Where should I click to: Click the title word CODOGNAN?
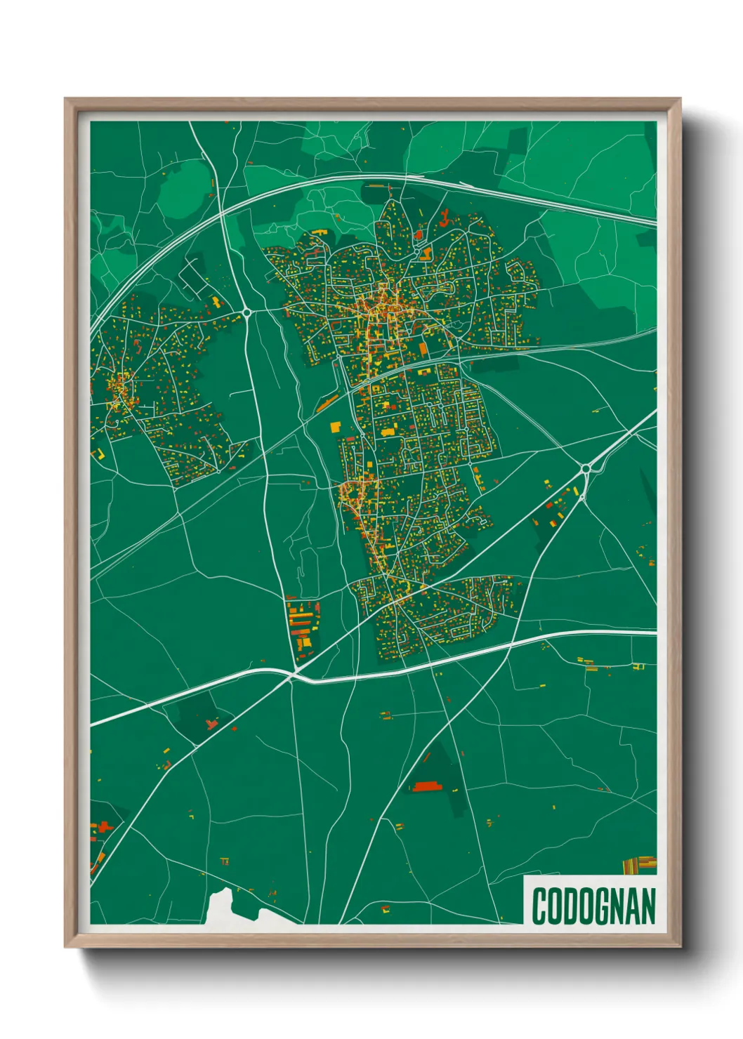point(593,906)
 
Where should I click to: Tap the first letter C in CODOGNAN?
point(539,906)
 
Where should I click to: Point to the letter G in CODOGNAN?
point(602,906)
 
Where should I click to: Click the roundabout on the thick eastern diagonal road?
point(585,468)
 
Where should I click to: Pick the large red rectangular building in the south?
point(424,787)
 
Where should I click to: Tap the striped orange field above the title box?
point(640,864)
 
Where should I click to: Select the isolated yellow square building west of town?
point(335,426)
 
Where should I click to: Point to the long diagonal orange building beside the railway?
point(327,403)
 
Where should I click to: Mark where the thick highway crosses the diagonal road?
point(292,676)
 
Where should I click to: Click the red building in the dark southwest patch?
point(211,722)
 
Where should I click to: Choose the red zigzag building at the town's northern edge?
point(445,216)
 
